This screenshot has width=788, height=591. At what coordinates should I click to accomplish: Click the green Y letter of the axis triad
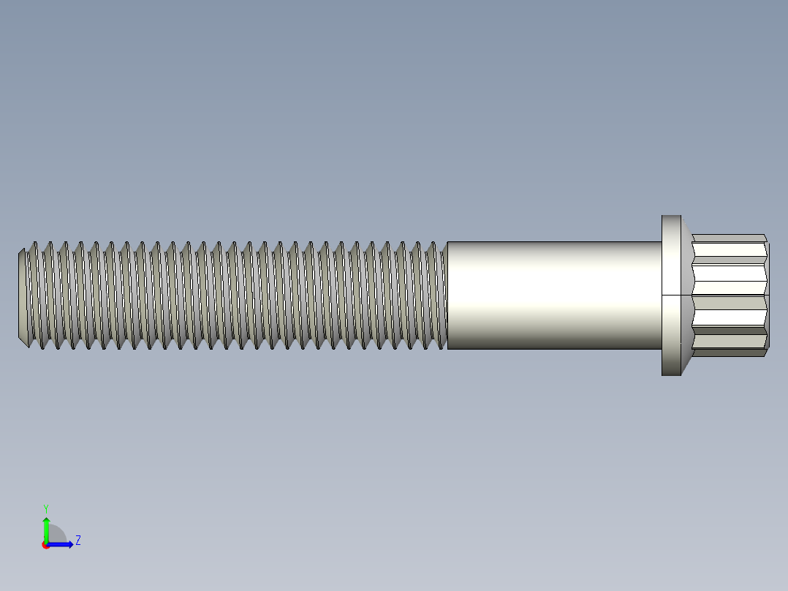[45, 508]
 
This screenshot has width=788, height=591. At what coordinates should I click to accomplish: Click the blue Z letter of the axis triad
[77, 541]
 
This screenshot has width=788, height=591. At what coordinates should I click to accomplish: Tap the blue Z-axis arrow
[62, 544]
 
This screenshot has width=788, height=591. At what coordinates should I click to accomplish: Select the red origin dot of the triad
[45, 545]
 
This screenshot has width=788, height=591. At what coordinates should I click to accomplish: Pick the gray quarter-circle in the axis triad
[56, 535]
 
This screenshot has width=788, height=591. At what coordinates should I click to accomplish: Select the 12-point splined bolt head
[731, 295]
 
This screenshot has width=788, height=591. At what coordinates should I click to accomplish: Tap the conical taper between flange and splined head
[686, 295]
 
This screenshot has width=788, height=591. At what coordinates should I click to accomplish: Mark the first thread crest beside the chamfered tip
[33, 295]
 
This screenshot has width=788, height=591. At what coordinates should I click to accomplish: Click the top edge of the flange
[671, 216]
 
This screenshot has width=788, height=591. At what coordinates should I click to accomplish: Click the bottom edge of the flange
[671, 374]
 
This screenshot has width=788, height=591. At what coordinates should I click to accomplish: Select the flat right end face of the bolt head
[768, 295]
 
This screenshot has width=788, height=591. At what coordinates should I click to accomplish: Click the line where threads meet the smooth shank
[447, 295]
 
